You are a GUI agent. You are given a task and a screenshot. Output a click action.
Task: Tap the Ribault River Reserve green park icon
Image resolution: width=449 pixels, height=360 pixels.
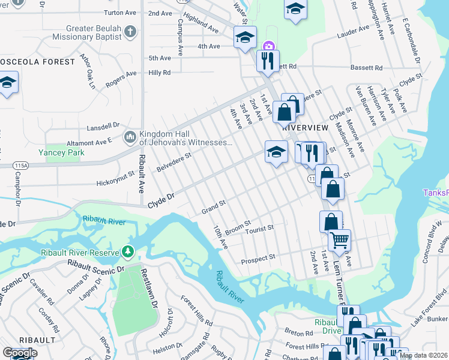(x=127, y=250)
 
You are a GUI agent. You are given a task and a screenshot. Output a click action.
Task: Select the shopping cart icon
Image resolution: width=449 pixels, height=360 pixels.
(x=339, y=240)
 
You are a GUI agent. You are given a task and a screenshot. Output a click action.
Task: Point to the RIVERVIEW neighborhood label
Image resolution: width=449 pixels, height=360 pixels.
(x=305, y=128)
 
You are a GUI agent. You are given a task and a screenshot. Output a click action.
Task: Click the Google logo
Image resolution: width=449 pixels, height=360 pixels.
(x=20, y=353)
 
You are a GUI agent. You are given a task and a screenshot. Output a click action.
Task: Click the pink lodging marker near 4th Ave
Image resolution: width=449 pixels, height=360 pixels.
(x=269, y=46)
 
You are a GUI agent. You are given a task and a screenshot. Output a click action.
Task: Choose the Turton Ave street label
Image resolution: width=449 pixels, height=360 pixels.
(x=120, y=12)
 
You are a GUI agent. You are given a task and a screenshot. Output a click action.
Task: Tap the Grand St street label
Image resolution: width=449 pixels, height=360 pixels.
(x=213, y=207)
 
